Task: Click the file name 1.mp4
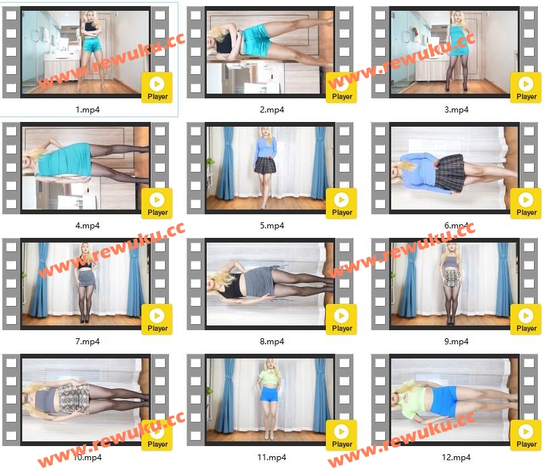pos(88,110)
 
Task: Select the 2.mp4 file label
pos(272,110)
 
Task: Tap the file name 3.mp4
pos(456,110)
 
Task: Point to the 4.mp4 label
pos(88,226)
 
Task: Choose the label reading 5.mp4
pos(272,226)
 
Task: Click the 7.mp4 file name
pos(88,342)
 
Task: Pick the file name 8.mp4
pos(272,342)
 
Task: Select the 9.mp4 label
pos(456,342)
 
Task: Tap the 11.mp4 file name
pos(271,458)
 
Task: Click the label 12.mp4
pos(456,458)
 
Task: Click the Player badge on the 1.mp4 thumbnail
pos(157,88)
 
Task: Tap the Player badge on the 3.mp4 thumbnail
pos(526,88)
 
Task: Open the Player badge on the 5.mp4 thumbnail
pos(341,203)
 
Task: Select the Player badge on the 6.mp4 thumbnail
pos(526,203)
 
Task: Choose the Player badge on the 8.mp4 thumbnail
pos(341,319)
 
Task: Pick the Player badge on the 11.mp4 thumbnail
pos(341,435)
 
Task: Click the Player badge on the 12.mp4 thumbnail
pos(526,435)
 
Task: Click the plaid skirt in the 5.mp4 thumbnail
pos(265,164)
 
